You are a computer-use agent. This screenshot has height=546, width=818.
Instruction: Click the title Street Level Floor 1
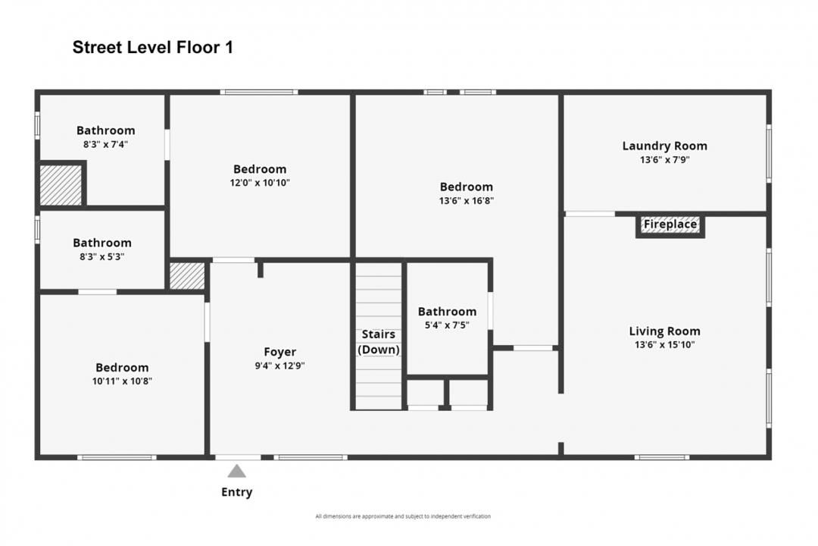(152, 48)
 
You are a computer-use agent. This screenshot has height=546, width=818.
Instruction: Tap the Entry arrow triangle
(237, 471)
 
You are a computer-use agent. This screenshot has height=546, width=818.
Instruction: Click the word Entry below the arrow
(236, 492)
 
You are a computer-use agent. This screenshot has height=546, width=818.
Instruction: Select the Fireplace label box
(670, 225)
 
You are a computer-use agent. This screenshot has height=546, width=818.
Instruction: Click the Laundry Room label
(664, 146)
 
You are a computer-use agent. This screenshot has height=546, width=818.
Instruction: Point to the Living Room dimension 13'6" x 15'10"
(664, 345)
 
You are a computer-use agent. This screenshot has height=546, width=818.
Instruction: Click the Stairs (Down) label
(378, 342)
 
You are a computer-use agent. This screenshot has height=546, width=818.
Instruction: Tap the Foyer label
(279, 352)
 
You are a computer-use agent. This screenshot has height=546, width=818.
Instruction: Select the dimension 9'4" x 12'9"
(279, 366)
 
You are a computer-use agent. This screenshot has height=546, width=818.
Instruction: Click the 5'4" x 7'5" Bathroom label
(447, 312)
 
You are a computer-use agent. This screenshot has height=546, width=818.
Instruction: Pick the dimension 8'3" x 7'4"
(105, 144)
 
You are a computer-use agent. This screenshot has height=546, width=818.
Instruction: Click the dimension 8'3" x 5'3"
(101, 256)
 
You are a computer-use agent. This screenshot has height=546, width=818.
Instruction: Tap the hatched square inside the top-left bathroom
(61, 185)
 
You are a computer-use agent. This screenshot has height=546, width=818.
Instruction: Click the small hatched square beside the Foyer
(186, 276)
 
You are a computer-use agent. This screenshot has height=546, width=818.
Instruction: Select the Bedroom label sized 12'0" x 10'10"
(260, 169)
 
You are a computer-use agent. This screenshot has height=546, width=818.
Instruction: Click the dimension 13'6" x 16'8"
(466, 201)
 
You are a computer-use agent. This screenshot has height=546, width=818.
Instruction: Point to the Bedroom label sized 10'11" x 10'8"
(121, 368)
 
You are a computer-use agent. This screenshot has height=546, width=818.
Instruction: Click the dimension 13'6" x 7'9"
(664, 160)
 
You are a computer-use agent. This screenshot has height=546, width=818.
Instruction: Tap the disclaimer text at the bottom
(403, 516)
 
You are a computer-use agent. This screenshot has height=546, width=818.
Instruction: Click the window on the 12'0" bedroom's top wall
(258, 93)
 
